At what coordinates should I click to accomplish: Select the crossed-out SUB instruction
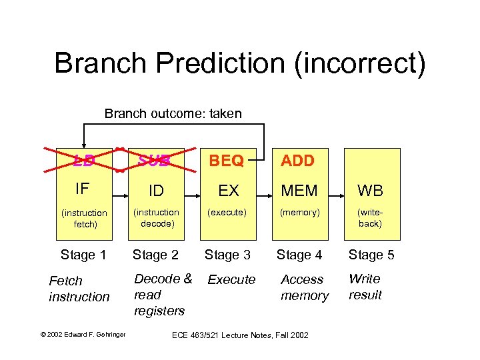155,161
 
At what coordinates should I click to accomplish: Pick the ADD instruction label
298,161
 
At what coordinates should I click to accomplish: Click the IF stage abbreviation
83,189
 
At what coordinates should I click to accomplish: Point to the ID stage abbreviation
156,191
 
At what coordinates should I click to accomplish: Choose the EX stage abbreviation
229,191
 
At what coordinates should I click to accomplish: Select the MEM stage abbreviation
300,191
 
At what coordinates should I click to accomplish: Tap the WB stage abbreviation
371,191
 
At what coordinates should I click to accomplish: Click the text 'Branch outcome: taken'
173,114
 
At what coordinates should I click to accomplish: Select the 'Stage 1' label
83,255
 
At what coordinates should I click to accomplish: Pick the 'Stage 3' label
227,255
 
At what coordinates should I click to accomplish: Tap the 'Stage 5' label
371,255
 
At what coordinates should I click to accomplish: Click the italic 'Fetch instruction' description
79,289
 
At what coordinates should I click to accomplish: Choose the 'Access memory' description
304,287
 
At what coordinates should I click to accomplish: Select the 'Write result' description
365,287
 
